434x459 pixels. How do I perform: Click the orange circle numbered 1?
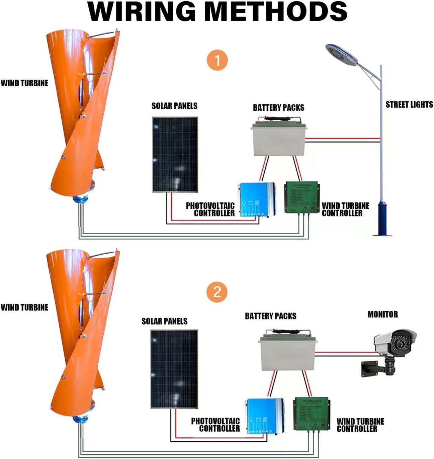point(218,61)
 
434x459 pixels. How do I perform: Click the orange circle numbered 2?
point(217,292)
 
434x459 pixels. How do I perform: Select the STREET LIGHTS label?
point(409,105)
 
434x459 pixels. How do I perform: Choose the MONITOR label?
point(382,314)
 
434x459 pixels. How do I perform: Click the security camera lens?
point(400,344)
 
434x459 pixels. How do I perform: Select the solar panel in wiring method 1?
point(175,155)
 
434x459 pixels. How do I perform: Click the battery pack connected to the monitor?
point(288,353)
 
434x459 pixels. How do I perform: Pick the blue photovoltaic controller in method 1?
point(256,199)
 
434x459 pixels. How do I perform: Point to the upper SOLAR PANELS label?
point(174,106)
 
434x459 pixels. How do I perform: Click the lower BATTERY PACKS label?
point(270,316)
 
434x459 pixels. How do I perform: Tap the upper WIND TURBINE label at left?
point(24,83)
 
